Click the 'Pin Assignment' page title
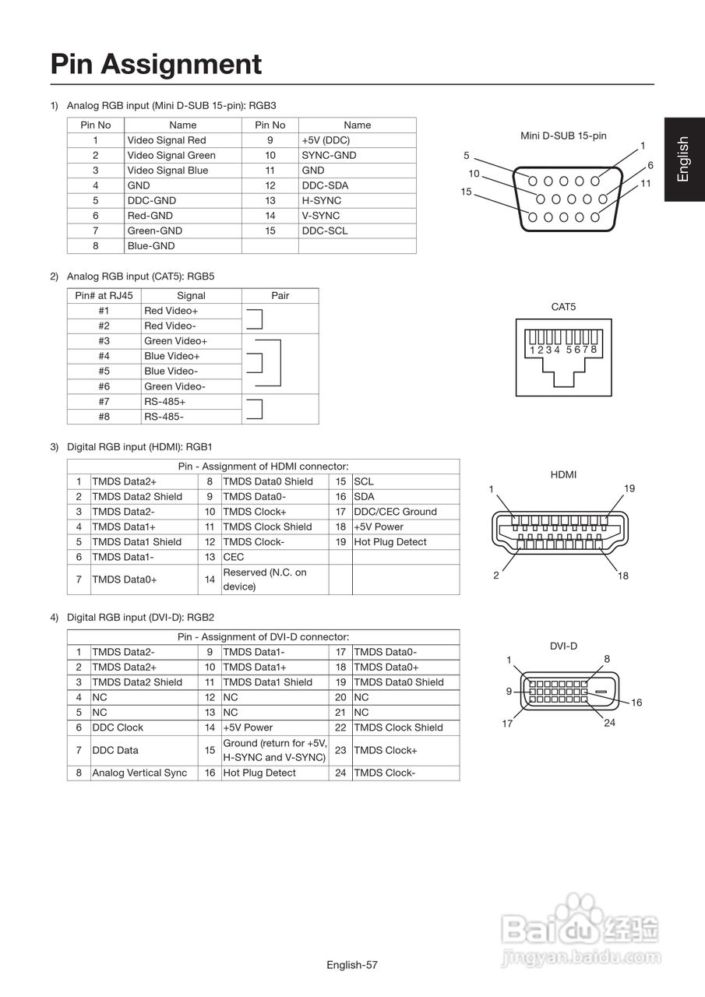click(156, 64)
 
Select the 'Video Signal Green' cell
click(171, 155)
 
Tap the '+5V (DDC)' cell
click(326, 140)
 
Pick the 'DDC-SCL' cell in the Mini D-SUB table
click(325, 231)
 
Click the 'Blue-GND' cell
click(151, 246)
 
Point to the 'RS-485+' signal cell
click(165, 402)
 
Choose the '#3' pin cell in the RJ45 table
click(104, 341)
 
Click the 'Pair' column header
click(280, 296)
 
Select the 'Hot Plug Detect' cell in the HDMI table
click(390, 542)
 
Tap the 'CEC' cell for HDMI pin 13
click(234, 557)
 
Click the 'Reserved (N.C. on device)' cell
click(265, 580)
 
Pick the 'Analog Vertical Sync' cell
click(139, 773)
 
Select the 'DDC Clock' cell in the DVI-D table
click(118, 727)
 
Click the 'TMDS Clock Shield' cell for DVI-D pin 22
click(398, 727)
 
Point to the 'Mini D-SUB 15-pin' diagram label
click(563, 136)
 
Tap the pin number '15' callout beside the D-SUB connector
click(466, 192)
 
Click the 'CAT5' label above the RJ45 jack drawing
click(563, 307)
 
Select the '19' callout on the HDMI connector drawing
click(629, 488)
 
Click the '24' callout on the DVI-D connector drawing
click(610, 724)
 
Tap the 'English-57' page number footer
click(352, 965)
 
